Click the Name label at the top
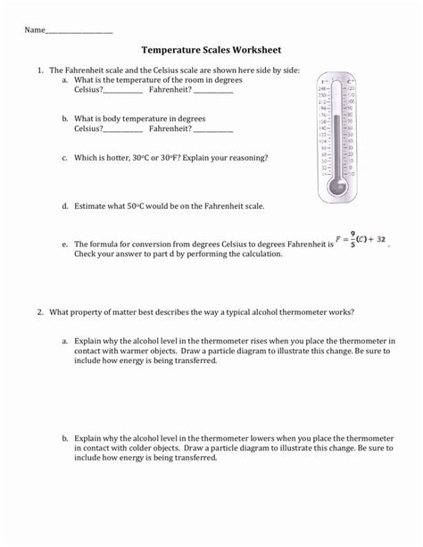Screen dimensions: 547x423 pyautogui.click(x=34, y=30)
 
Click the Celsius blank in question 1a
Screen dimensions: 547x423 pyautogui.click(x=124, y=91)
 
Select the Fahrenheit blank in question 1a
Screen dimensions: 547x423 pyautogui.click(x=213, y=91)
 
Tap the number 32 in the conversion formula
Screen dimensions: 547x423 pyautogui.click(x=381, y=240)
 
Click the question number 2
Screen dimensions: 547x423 pyautogui.click(x=40, y=312)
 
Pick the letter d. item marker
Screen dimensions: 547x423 pyautogui.click(x=66, y=205)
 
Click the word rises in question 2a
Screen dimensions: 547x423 pyautogui.click(x=245, y=341)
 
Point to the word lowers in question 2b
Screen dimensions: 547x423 pyautogui.click(x=249, y=439)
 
